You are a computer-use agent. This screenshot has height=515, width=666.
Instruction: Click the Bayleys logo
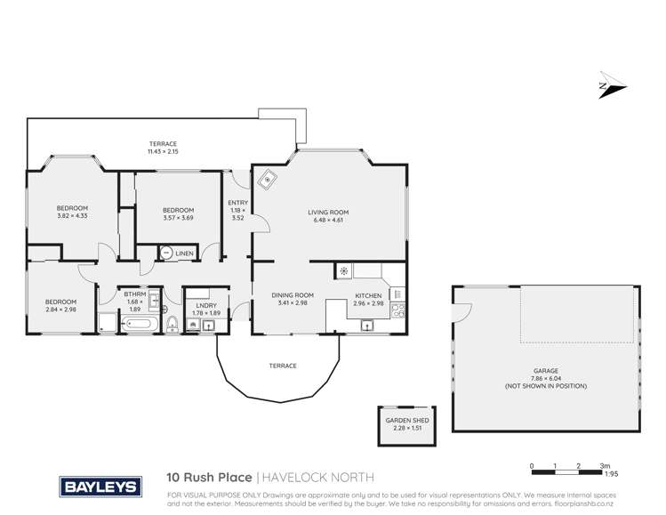coord(99,487)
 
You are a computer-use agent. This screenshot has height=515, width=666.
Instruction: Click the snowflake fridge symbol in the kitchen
coord(343,271)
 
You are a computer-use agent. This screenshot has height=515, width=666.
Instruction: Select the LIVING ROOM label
coord(328,213)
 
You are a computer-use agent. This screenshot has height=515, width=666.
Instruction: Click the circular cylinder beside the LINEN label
coord(166,253)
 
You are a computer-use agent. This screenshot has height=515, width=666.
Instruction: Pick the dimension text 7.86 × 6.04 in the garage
coord(544,378)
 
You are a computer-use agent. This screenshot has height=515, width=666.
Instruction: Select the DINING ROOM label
coord(293,295)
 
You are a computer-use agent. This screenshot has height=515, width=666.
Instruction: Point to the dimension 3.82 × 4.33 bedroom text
coord(73,217)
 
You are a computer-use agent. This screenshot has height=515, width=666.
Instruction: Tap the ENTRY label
coord(237,203)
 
